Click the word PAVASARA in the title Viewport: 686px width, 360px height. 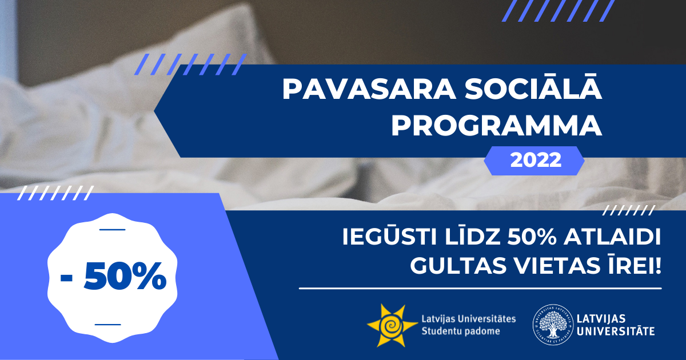pos(369,90)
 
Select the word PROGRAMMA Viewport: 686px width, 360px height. pos(497,126)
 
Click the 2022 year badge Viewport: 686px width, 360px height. pos(535,161)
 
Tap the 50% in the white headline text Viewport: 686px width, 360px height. pos(532,237)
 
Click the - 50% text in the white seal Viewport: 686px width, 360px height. pos(113,276)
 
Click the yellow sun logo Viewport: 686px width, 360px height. pos(392,325)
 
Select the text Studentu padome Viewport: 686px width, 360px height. pos(461,331)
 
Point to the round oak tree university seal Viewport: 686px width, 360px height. pos(553,325)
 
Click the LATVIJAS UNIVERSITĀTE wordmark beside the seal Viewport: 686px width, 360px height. pos(616,325)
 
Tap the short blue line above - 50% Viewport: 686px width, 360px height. pos(113,229)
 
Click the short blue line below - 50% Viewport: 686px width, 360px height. pos(108,324)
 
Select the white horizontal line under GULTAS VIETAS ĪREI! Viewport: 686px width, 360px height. pos(480,288)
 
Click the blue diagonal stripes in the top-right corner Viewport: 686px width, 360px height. pos(559,11)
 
